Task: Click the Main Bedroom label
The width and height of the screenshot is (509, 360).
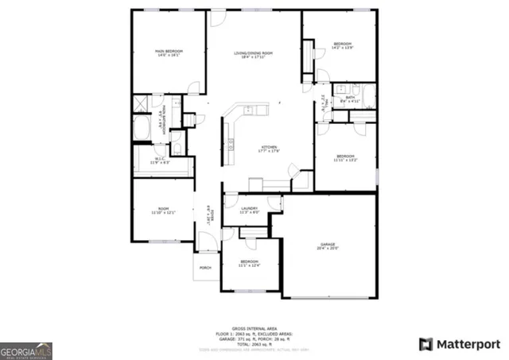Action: (x=168, y=53)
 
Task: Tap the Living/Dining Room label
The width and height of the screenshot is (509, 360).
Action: (x=254, y=53)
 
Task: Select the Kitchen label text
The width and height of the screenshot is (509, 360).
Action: (x=268, y=149)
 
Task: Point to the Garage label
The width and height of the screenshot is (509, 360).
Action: (x=329, y=246)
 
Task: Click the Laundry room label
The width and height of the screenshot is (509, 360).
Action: (x=250, y=210)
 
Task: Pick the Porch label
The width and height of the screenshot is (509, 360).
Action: (x=204, y=268)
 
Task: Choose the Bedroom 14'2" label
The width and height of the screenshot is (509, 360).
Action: (x=343, y=45)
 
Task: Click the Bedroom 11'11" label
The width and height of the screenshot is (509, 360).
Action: (x=345, y=157)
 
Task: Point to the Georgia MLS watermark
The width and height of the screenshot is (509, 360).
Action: (x=26, y=350)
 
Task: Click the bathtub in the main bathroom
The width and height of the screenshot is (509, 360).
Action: (x=142, y=127)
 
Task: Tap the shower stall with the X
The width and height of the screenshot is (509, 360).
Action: (x=140, y=102)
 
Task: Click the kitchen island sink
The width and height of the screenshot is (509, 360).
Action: (x=249, y=109)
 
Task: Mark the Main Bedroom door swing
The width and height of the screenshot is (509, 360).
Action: (x=192, y=87)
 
